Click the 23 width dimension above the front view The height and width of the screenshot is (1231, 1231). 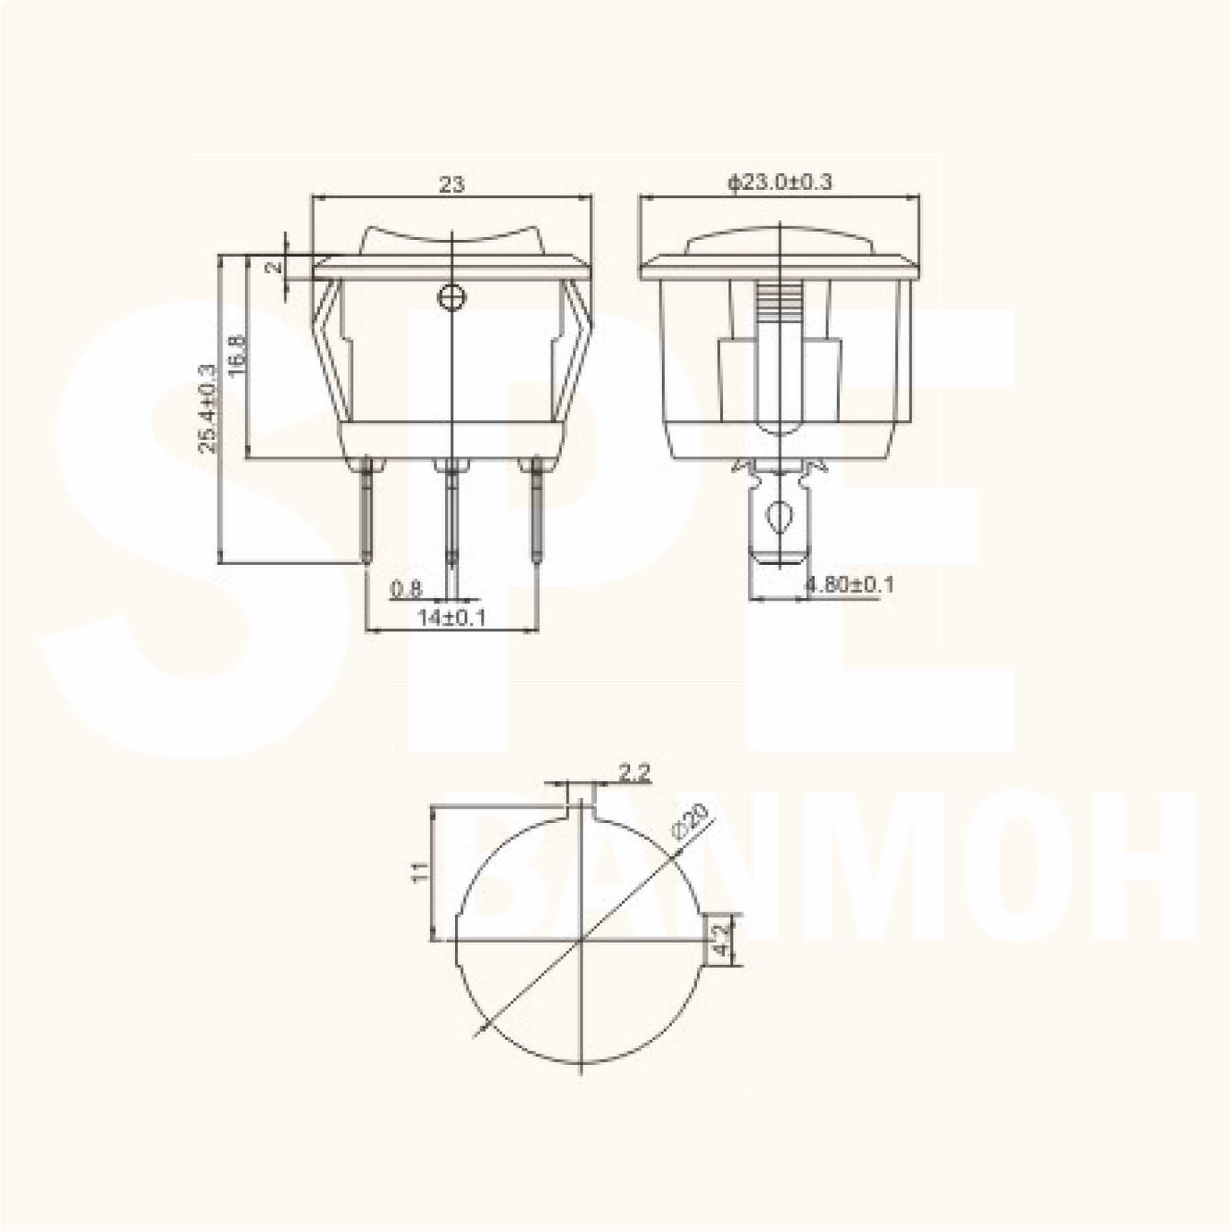[x=452, y=185]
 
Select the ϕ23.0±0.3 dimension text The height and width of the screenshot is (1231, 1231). [x=780, y=182]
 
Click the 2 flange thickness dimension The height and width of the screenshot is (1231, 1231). [x=273, y=267]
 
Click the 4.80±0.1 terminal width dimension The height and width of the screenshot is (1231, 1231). [x=850, y=584]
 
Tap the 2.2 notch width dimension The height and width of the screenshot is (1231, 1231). [x=634, y=774]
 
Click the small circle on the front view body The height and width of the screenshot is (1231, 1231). [x=452, y=296]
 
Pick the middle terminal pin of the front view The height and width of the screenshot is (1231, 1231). [x=451, y=513]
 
